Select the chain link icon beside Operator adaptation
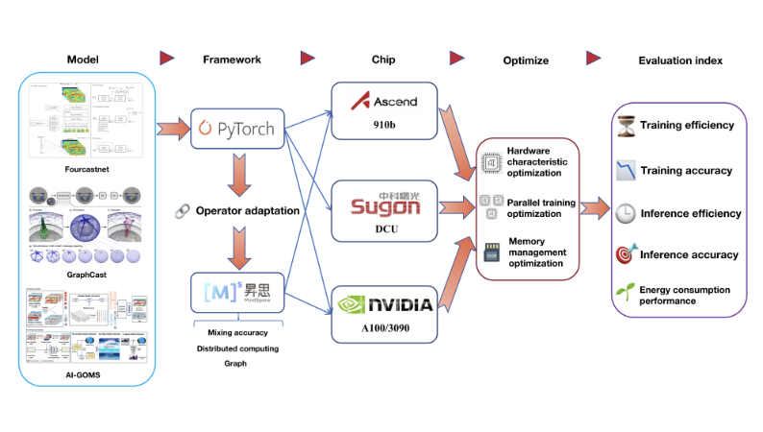(x=180, y=209)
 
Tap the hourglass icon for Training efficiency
(x=625, y=126)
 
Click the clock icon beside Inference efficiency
(x=625, y=212)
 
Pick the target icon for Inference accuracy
(x=625, y=254)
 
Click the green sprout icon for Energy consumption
(x=625, y=292)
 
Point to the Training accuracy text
(x=686, y=170)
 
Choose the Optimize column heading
(x=526, y=60)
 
